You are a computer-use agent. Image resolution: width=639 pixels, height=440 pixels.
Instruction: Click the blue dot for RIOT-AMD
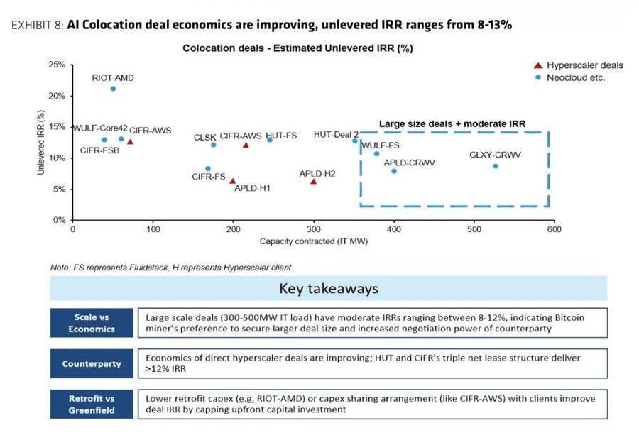click(x=113, y=89)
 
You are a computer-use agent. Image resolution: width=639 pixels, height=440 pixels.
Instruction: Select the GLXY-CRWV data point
click(x=495, y=166)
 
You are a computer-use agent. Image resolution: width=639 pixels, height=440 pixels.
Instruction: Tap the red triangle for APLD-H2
click(x=313, y=181)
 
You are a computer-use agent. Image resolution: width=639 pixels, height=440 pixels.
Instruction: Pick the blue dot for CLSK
click(x=213, y=145)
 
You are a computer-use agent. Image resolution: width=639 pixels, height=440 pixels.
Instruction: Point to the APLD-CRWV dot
click(x=394, y=171)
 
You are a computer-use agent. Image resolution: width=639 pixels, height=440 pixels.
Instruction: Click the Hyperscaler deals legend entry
click(x=578, y=65)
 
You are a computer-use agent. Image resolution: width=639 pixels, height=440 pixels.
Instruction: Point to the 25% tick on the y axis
click(x=57, y=65)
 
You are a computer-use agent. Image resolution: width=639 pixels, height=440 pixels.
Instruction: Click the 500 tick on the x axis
click(x=474, y=229)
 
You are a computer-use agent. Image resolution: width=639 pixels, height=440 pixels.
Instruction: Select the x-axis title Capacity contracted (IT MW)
click(x=314, y=241)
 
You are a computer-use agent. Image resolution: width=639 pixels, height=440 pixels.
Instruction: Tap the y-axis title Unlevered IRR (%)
click(x=40, y=142)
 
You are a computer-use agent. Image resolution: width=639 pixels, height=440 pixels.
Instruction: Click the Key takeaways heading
click(x=329, y=288)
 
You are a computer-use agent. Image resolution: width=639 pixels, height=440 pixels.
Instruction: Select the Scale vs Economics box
click(x=92, y=323)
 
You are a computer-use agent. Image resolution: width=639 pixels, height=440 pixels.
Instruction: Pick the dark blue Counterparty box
click(x=92, y=363)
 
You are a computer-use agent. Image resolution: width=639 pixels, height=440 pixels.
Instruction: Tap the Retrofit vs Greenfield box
click(x=92, y=404)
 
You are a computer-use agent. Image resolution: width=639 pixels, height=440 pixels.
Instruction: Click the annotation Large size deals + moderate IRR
click(x=452, y=124)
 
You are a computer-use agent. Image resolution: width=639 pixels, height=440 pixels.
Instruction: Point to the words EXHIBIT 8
click(x=37, y=25)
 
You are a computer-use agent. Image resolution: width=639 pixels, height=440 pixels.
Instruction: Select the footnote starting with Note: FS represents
click(x=170, y=268)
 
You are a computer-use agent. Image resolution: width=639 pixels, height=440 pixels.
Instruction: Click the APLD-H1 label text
click(x=252, y=188)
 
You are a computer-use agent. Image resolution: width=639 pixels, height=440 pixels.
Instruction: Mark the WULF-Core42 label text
click(x=100, y=128)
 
